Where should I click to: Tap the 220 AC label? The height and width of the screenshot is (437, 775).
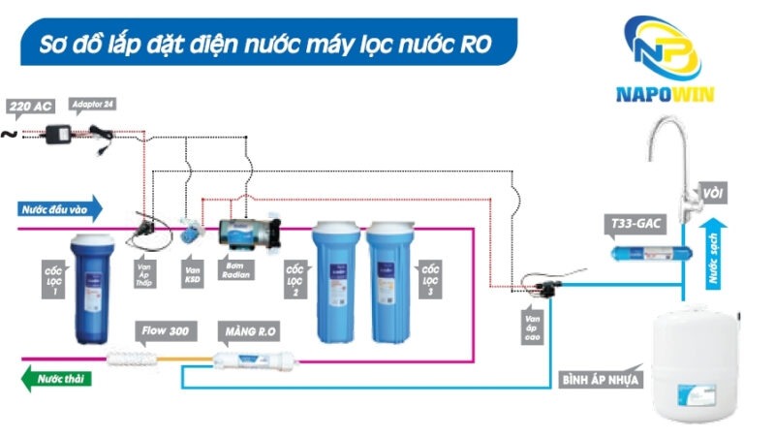coord(30,107)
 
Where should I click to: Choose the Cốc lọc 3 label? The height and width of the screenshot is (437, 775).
coord(429,280)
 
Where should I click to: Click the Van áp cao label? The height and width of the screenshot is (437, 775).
coord(531,327)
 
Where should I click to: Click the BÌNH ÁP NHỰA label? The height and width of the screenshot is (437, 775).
coord(601,379)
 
